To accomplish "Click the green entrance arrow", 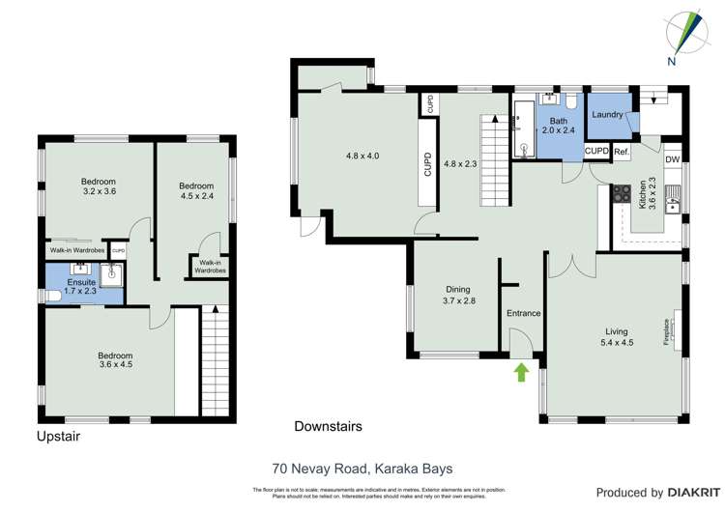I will (523, 372).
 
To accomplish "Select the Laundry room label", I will (607, 115).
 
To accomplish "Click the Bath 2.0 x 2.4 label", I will (558, 125).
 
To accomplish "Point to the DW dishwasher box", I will (673, 160).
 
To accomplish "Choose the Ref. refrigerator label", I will (622, 152).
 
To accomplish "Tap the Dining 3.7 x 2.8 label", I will (458, 295).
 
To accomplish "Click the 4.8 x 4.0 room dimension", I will (362, 155).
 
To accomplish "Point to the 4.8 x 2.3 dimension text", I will (461, 163).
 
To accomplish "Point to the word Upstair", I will (58, 437).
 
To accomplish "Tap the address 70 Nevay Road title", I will (362, 469).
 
